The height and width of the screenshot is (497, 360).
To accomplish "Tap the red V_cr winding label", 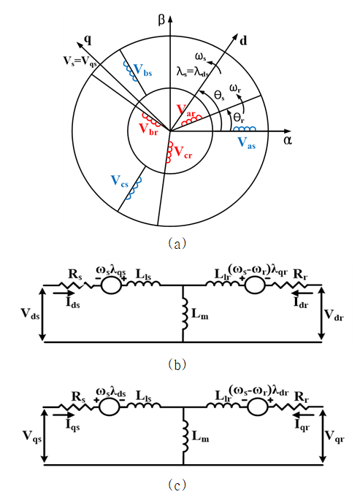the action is [183, 152].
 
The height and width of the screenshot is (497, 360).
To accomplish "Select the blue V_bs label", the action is [142, 70].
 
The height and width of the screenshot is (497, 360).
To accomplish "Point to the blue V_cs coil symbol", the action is [133, 188].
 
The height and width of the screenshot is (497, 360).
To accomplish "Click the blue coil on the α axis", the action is [244, 128].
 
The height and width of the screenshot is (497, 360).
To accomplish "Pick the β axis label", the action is [161, 20].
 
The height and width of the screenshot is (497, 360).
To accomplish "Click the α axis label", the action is [288, 140].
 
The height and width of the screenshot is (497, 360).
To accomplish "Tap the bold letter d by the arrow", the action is [243, 41].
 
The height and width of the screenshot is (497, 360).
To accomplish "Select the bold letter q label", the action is [88, 39].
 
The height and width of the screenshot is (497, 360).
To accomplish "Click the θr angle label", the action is [239, 117].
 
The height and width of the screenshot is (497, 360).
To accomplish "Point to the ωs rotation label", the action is [201, 58].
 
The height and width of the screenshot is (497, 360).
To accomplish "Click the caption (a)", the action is [177, 244].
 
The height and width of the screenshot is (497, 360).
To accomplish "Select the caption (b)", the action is [177, 364].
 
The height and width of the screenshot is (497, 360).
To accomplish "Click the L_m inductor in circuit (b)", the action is [184, 314].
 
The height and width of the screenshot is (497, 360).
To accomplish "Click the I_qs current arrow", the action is [64, 415].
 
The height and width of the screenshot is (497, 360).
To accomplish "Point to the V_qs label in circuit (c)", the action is [31, 436].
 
